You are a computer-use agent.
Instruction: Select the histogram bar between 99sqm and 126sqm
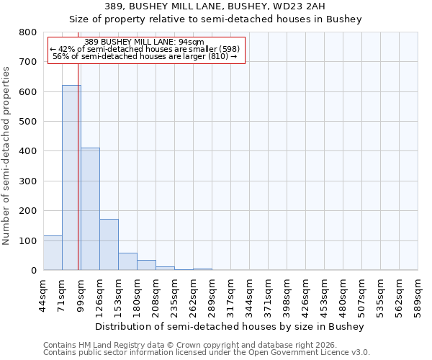point(90,209)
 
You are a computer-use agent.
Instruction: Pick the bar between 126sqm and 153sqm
point(109,245)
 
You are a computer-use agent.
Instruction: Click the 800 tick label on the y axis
point(27,32)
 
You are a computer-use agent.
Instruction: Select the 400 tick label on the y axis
point(27,151)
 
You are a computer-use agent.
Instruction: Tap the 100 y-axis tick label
point(27,240)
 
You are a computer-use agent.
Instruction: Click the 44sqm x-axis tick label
point(44,294)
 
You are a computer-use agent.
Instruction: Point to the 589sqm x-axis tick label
point(418,294)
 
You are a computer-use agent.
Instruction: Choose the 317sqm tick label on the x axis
point(231,294)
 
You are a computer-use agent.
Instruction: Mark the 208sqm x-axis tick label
point(156,294)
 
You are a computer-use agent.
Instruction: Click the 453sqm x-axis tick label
point(325,294)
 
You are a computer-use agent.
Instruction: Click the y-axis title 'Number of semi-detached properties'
point(6,156)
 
